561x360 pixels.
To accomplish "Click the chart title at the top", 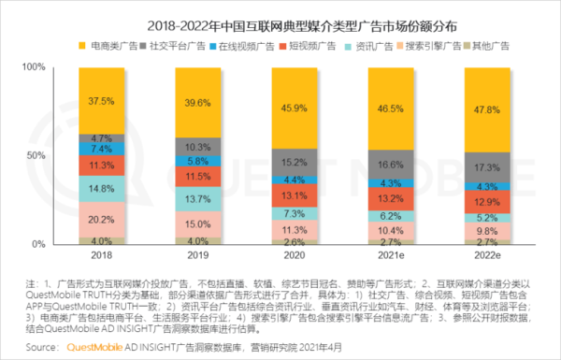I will (x=280, y=17).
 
